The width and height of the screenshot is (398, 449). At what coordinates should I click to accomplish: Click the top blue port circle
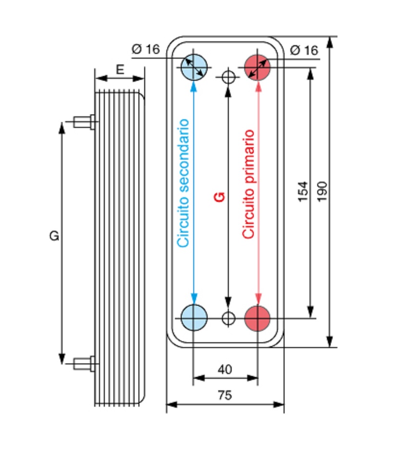pyautogui.click(x=194, y=67)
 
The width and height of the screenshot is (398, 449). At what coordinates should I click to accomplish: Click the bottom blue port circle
pyautogui.click(x=194, y=318)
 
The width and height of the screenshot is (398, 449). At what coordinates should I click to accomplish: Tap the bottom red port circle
pyautogui.click(x=257, y=318)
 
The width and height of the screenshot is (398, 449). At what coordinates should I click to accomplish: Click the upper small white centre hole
pyautogui.click(x=228, y=77)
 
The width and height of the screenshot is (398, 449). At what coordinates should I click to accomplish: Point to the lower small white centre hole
pyautogui.click(x=228, y=318)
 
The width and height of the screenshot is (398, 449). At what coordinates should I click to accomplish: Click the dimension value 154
pyautogui.click(x=303, y=191)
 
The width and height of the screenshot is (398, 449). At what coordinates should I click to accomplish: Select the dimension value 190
pyautogui.click(x=322, y=191)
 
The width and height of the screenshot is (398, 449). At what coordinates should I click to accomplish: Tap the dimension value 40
pyautogui.click(x=225, y=369)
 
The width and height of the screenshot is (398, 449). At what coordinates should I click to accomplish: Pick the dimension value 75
pyautogui.click(x=225, y=395)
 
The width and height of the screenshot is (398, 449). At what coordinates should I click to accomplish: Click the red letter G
pyautogui.click(x=219, y=197)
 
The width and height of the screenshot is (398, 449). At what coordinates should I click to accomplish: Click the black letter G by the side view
pyautogui.click(x=54, y=236)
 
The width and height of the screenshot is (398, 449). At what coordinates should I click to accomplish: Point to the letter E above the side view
pyautogui.click(x=120, y=70)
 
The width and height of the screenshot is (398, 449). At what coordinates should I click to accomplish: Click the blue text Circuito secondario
pyautogui.click(x=183, y=183)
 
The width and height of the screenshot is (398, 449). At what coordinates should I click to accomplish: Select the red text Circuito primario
pyautogui.click(x=248, y=184)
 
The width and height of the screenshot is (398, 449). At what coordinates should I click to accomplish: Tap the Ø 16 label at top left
pyautogui.click(x=146, y=49)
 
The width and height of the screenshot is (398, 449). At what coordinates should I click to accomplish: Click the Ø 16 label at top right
pyautogui.click(x=304, y=50)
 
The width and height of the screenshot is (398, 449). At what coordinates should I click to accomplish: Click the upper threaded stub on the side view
pyautogui.click(x=85, y=122)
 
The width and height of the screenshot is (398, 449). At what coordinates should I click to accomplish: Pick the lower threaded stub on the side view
pyautogui.click(x=85, y=363)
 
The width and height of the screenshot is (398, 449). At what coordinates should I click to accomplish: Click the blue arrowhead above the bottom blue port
pyautogui.click(x=194, y=299)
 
